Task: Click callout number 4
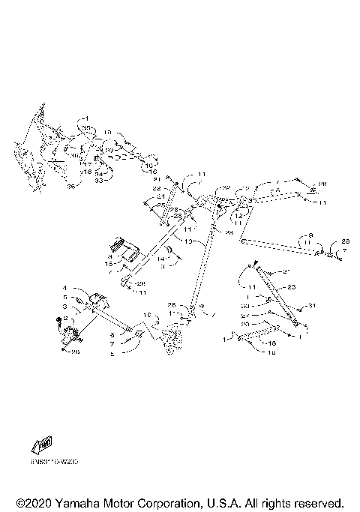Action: [x=64, y=289]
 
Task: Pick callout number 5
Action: [x=64, y=298]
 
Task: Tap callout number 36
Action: [x=72, y=187]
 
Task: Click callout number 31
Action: [x=313, y=305]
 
